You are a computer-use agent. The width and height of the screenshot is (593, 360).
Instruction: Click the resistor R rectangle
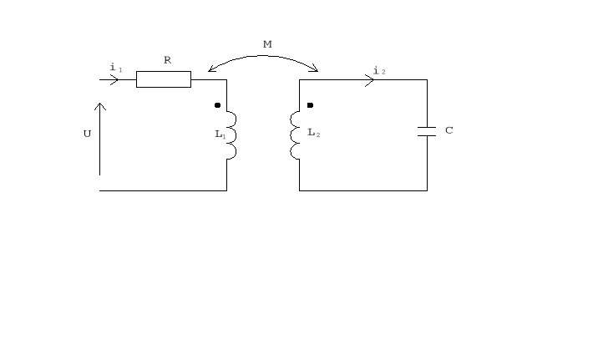click(x=164, y=79)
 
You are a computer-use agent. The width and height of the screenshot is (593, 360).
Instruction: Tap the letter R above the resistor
click(x=167, y=60)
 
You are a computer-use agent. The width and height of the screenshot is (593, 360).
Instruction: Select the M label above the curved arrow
click(x=267, y=44)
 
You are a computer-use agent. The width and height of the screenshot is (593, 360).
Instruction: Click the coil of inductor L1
click(x=231, y=134)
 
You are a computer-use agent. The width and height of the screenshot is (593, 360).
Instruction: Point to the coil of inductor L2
click(x=295, y=134)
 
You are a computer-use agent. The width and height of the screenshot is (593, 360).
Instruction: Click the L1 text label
click(x=220, y=134)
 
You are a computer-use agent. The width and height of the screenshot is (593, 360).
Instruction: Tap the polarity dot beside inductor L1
click(x=217, y=106)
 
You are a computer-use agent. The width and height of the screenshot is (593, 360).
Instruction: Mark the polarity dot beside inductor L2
click(x=310, y=106)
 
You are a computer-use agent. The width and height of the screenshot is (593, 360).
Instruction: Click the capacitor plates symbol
click(x=427, y=131)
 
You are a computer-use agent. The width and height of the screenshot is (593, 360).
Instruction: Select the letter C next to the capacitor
click(x=449, y=131)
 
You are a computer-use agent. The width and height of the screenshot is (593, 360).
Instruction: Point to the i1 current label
click(x=115, y=67)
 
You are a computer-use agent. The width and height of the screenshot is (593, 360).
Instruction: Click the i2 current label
click(x=379, y=70)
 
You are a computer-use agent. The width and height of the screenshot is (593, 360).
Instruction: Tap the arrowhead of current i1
click(x=114, y=80)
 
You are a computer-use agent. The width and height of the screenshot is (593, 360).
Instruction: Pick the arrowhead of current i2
click(x=369, y=80)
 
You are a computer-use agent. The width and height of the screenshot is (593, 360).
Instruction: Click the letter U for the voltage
click(x=87, y=134)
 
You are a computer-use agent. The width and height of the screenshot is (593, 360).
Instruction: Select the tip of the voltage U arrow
click(x=100, y=104)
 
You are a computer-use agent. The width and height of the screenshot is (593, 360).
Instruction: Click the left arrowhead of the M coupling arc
click(x=210, y=69)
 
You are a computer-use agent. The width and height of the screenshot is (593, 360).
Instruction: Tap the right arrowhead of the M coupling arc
click(x=315, y=69)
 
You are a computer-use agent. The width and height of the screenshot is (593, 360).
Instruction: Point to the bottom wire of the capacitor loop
click(x=363, y=190)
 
